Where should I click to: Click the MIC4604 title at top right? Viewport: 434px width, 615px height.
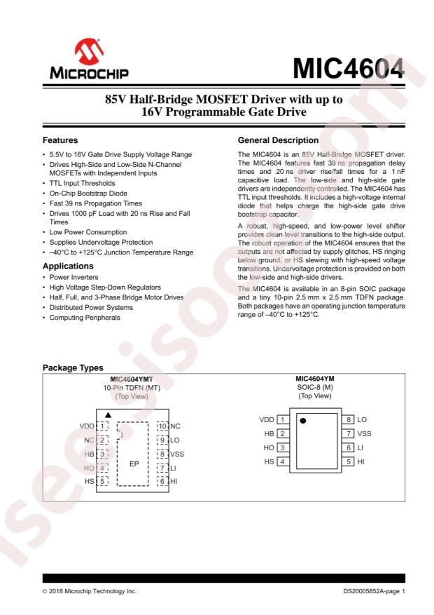click(349, 68)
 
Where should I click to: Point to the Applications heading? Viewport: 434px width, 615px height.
click(69, 267)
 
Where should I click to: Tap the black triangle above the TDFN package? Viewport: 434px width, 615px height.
click(108, 414)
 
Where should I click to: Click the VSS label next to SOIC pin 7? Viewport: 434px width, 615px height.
click(364, 433)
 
